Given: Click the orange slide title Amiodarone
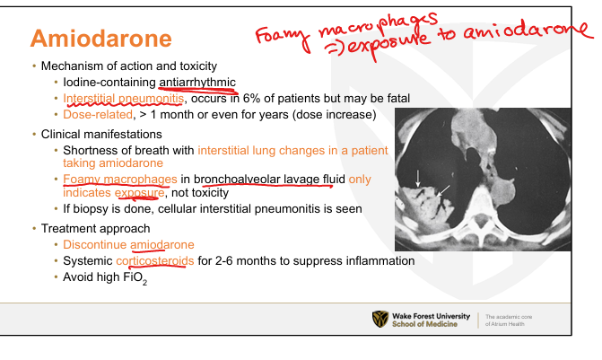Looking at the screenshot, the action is pos(101,39).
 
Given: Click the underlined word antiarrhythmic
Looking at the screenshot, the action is pos(197,83).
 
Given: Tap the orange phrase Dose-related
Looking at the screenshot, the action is pos(98,115).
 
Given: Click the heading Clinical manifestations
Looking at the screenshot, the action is pos(101,134).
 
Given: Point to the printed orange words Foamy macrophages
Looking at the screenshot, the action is pos(120,180).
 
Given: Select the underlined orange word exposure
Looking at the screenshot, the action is pos(139,193).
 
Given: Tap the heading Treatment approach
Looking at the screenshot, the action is pos(96,229).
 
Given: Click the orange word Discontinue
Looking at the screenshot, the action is pos(95,245).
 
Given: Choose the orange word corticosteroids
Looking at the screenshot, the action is pos(155,261).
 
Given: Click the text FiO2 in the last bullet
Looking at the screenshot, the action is pos(135,277).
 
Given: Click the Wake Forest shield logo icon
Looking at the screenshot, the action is pos(380,320).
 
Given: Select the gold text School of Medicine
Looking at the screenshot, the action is pos(424,324).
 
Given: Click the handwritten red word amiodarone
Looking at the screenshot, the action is pos(528,31).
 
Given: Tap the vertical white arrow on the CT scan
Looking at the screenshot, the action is pos(418,179).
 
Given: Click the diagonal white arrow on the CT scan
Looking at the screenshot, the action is pos(443,191).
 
